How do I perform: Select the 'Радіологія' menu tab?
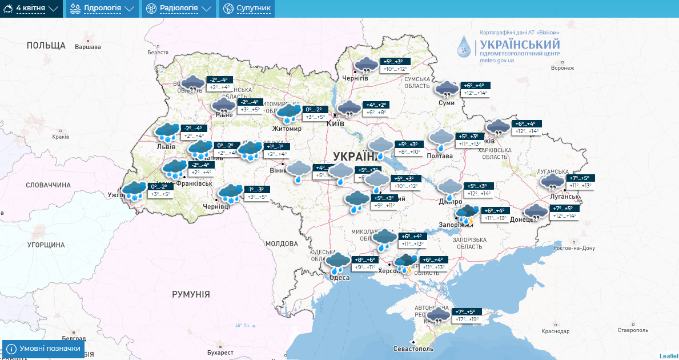179,9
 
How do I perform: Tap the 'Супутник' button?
247,9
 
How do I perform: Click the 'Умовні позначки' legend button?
43,348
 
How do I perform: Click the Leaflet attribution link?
668,355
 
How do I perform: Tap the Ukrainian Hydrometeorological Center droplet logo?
465,46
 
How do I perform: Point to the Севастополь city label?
413,349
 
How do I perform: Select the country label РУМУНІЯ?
191,294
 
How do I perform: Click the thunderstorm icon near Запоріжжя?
467,214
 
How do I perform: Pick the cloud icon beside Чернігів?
366,65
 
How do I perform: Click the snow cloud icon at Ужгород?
135,190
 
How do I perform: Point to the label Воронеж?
562,67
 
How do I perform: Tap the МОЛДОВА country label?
282,243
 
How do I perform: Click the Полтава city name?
439,155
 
